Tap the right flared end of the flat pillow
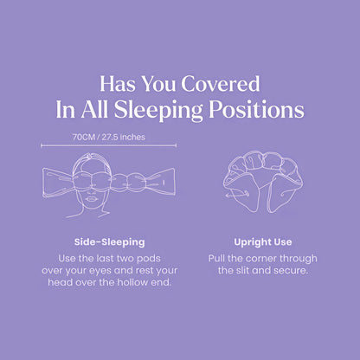coord(164,183)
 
